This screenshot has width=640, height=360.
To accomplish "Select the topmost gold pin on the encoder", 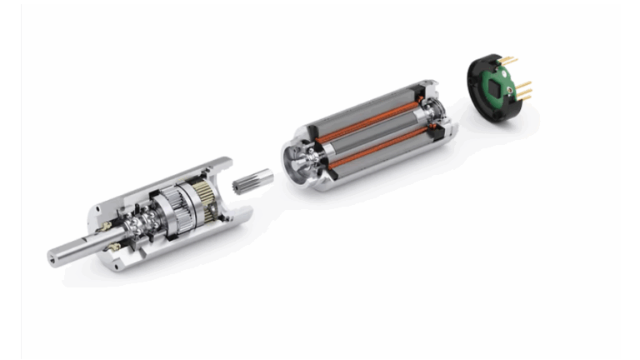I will [509, 59].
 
